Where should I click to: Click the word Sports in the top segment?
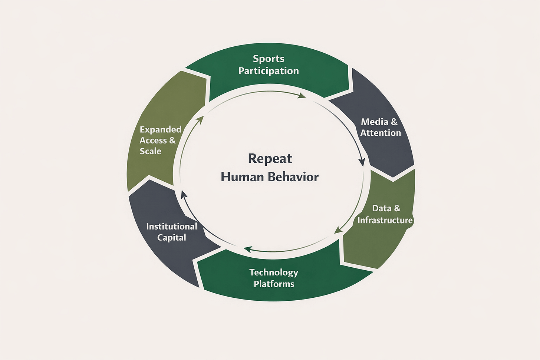pos(269,59)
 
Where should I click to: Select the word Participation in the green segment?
pos(269,71)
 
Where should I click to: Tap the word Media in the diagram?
pos(374,122)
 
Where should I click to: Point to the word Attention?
pos(381,133)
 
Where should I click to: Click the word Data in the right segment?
pos(382,208)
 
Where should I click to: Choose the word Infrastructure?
pos(385,220)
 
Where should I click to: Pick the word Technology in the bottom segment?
pos(274,273)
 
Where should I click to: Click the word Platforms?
pos(274,284)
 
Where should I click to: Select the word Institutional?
pos(172,226)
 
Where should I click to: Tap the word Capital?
pos(172,237)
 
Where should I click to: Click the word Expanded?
pos(161,129)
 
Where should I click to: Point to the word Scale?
pos(151,151)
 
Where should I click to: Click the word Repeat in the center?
pos(270,159)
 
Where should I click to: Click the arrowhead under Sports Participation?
pos(302,96)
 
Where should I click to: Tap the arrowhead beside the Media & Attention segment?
pos(362,162)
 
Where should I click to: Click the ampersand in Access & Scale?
pos(172,141)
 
